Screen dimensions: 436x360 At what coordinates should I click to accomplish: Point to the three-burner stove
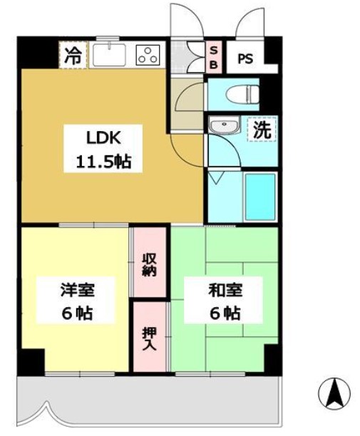(x=148, y=54)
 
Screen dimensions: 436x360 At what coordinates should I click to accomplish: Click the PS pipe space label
(x=245, y=58)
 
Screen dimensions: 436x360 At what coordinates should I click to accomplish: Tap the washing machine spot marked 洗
(x=262, y=130)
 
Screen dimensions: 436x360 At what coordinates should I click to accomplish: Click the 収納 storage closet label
(x=150, y=264)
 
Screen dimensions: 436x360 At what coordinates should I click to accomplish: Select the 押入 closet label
(x=150, y=336)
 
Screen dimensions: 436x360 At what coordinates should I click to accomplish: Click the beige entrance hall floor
(x=187, y=100)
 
